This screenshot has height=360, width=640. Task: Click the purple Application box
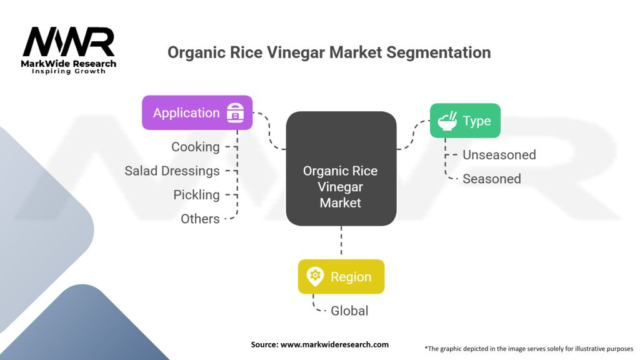pos(197,113)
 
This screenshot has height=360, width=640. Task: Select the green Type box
pos(465,121)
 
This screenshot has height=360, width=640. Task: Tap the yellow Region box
pos(341,277)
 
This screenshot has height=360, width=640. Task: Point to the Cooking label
pos(196,147)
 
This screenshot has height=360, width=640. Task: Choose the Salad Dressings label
pos(172,171)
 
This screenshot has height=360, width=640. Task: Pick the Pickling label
pos(196,195)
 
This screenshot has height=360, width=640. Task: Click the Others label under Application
pos(200,219)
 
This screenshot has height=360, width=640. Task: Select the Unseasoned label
pos(499,155)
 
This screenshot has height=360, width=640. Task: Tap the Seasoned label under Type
pos(491,179)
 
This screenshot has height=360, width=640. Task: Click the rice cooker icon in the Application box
pos(235,114)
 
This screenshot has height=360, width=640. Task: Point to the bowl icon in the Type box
pos(447,121)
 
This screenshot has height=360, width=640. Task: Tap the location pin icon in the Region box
pos(315,277)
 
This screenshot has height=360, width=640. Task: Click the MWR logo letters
pos(69,42)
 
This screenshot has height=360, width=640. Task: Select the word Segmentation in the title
pos(438,52)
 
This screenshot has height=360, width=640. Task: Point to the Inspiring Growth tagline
pos(69,71)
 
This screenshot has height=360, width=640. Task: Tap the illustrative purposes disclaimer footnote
pos(529,348)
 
